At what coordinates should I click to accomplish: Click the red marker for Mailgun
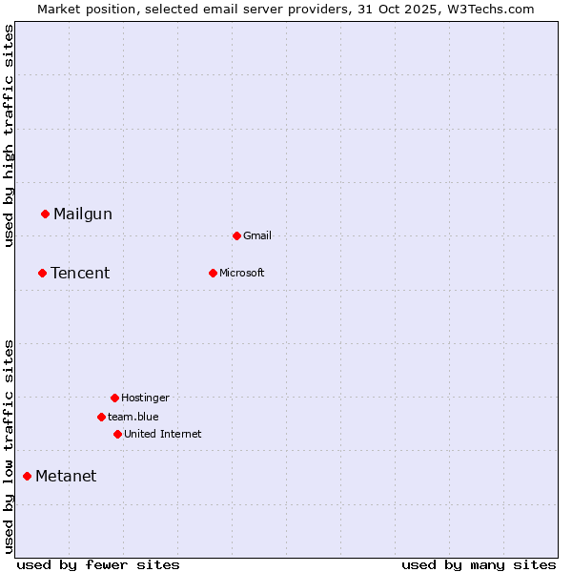point(45,214)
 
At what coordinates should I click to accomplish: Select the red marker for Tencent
point(42,273)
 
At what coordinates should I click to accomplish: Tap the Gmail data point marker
point(236,235)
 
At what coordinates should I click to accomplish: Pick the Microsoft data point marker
point(213,273)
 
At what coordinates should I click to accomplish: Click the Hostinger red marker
point(114,398)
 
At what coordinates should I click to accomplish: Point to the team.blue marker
point(101,417)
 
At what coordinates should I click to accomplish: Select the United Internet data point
point(117,434)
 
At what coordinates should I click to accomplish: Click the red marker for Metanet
point(27,476)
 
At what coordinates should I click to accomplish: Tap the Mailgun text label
point(83,214)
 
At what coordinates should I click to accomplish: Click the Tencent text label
point(80,274)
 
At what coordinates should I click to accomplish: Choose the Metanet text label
point(66,477)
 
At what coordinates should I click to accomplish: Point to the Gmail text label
point(257,236)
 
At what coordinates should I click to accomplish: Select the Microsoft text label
point(242,274)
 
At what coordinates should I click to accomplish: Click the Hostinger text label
point(145,398)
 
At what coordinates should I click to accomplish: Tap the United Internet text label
point(163,435)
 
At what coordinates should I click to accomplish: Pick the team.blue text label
point(133,418)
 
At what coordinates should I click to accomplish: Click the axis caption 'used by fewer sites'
point(98,564)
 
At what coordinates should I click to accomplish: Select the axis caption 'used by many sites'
point(479,564)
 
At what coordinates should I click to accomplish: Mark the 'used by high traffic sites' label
point(10,135)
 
